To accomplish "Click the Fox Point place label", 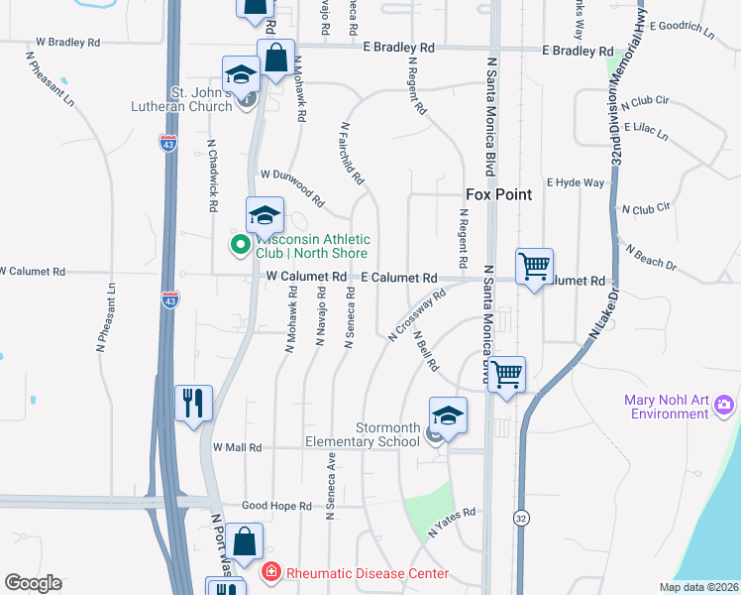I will point(499,194).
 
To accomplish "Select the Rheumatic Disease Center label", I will point(367,573).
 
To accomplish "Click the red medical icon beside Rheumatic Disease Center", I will point(268,572).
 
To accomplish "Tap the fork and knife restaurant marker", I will point(193,402).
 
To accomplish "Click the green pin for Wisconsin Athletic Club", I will point(240,244).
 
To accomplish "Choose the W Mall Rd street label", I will point(237,447).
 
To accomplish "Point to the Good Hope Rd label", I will point(277,506).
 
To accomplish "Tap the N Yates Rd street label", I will point(453,524).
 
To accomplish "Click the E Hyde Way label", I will point(580,183).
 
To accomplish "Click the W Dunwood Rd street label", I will point(292,186).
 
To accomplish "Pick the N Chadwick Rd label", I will point(212,176).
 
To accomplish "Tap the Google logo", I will point(34,583).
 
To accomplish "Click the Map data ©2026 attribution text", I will point(698,587).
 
